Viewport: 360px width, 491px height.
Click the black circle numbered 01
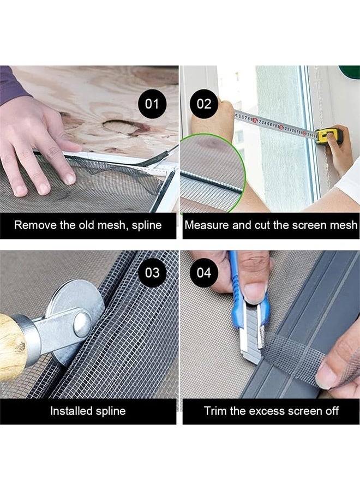coord(152,104)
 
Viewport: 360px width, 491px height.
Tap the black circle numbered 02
coord(204,104)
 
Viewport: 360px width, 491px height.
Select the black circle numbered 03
coord(152,273)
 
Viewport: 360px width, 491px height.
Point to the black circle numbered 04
coord(204,273)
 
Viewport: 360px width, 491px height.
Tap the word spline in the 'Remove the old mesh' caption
coord(147,226)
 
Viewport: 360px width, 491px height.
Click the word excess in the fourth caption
coord(268,411)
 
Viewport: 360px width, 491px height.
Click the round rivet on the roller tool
coord(82,325)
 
